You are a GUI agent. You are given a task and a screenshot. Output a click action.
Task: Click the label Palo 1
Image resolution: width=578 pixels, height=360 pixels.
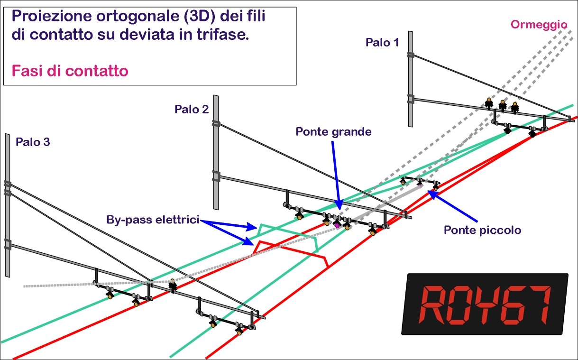[x=382, y=42]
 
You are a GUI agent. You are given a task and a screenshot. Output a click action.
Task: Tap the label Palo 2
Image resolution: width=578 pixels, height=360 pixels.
[x=192, y=109]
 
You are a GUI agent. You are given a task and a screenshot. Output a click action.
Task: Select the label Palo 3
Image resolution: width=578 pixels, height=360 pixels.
[x=33, y=142]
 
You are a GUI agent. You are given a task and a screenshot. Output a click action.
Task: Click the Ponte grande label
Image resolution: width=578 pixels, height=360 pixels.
[x=333, y=131]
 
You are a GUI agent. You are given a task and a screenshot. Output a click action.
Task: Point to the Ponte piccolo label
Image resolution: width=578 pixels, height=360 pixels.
[x=482, y=230]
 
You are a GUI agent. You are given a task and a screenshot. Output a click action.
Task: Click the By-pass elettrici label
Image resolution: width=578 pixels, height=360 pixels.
[x=153, y=220]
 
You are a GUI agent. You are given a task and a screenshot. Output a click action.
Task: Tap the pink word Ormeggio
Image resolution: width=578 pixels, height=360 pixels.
[x=539, y=25]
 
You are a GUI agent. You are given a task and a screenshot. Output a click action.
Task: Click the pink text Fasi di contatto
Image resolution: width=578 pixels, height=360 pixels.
[x=70, y=71]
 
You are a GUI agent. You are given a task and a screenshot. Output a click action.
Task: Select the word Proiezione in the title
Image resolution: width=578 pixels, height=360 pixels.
[x=52, y=16]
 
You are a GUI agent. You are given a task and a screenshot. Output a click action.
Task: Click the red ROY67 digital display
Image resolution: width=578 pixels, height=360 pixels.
[x=485, y=304]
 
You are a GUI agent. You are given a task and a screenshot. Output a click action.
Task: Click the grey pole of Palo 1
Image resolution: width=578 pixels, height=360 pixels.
[x=411, y=79]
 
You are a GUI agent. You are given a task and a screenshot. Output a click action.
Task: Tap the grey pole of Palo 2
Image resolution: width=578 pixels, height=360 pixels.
[x=216, y=152]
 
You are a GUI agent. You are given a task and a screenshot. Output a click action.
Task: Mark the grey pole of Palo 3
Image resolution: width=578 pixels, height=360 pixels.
[x=8, y=205]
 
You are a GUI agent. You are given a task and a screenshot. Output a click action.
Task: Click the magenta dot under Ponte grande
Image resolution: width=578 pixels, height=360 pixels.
[x=337, y=226]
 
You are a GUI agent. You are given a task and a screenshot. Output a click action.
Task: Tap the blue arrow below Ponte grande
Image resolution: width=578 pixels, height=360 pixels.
[x=337, y=175]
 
